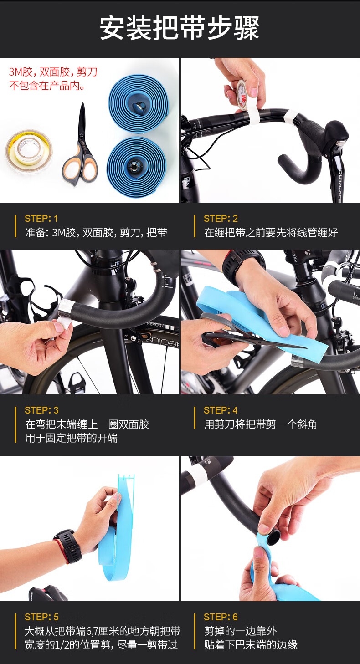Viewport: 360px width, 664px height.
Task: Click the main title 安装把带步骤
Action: tap(180, 28)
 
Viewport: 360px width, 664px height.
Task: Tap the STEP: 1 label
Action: tap(41, 219)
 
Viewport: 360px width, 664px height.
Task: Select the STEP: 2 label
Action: tap(221, 219)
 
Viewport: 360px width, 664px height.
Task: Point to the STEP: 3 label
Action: tap(41, 410)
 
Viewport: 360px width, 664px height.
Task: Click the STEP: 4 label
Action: tap(221, 410)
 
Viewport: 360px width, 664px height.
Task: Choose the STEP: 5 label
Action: tap(41, 617)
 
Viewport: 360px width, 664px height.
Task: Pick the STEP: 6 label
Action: tap(221, 617)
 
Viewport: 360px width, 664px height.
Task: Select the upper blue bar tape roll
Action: tap(139, 103)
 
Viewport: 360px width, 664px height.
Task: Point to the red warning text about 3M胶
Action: tap(53, 78)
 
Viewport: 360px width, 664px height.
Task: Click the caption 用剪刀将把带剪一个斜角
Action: tap(260, 424)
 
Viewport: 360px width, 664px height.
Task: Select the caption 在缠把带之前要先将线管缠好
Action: tap(271, 233)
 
